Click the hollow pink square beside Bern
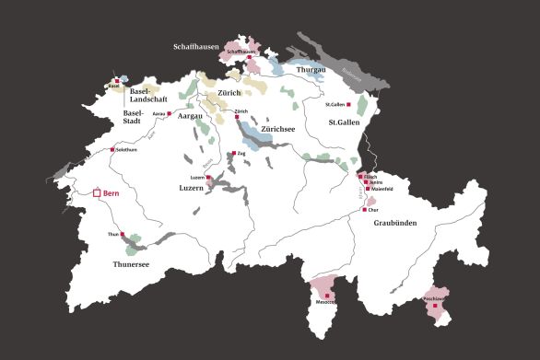tap(97, 193)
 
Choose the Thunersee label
tap(130, 263)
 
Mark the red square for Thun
tap(123, 234)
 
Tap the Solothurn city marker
tap(112, 149)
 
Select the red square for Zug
tap(233, 153)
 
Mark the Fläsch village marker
tap(360, 176)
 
